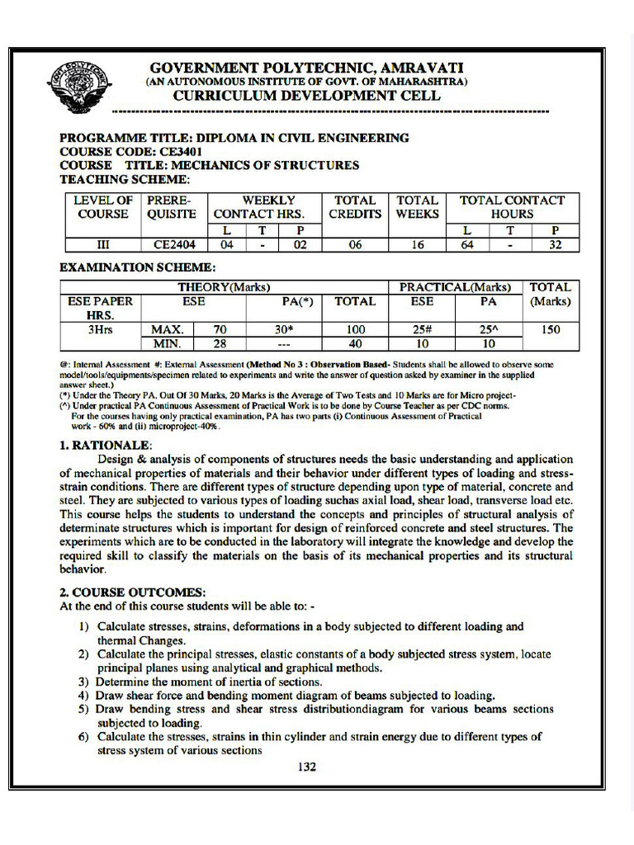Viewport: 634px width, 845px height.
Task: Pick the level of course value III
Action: tap(103, 244)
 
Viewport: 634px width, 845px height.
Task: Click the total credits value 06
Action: tap(355, 244)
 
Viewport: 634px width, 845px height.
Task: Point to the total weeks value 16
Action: tap(416, 244)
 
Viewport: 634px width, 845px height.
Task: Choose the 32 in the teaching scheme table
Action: tap(555, 244)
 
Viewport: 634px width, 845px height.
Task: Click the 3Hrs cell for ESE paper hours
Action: tap(100, 330)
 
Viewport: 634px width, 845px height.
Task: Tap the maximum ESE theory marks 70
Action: tap(220, 330)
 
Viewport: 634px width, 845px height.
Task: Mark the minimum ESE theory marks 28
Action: tap(220, 344)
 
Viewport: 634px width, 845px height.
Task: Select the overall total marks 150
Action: tap(550, 330)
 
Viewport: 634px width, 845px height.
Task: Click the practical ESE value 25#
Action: tap(422, 330)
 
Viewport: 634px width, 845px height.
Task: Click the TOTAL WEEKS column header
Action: tap(417, 207)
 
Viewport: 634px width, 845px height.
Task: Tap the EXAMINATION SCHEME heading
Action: tap(138, 267)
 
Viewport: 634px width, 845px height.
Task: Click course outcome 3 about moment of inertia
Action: tap(208, 682)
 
